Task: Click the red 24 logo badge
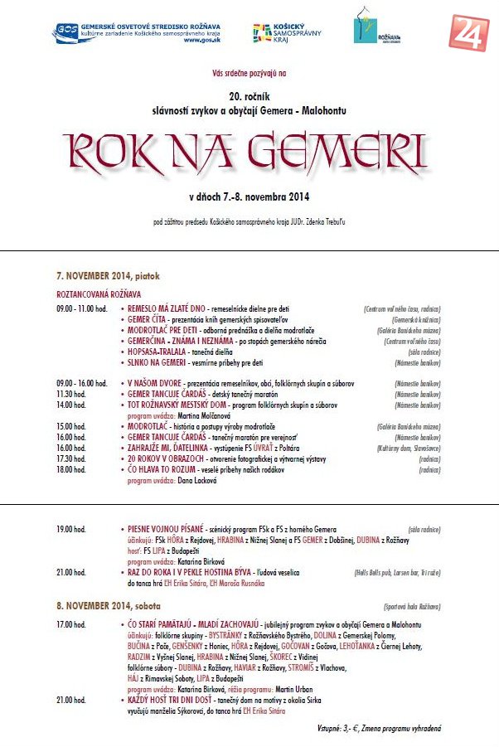coord(469,32)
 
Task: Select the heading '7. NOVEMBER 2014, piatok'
coord(108,275)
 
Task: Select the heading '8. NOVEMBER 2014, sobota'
coord(109,607)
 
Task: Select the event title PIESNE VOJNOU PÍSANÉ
coord(170,528)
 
